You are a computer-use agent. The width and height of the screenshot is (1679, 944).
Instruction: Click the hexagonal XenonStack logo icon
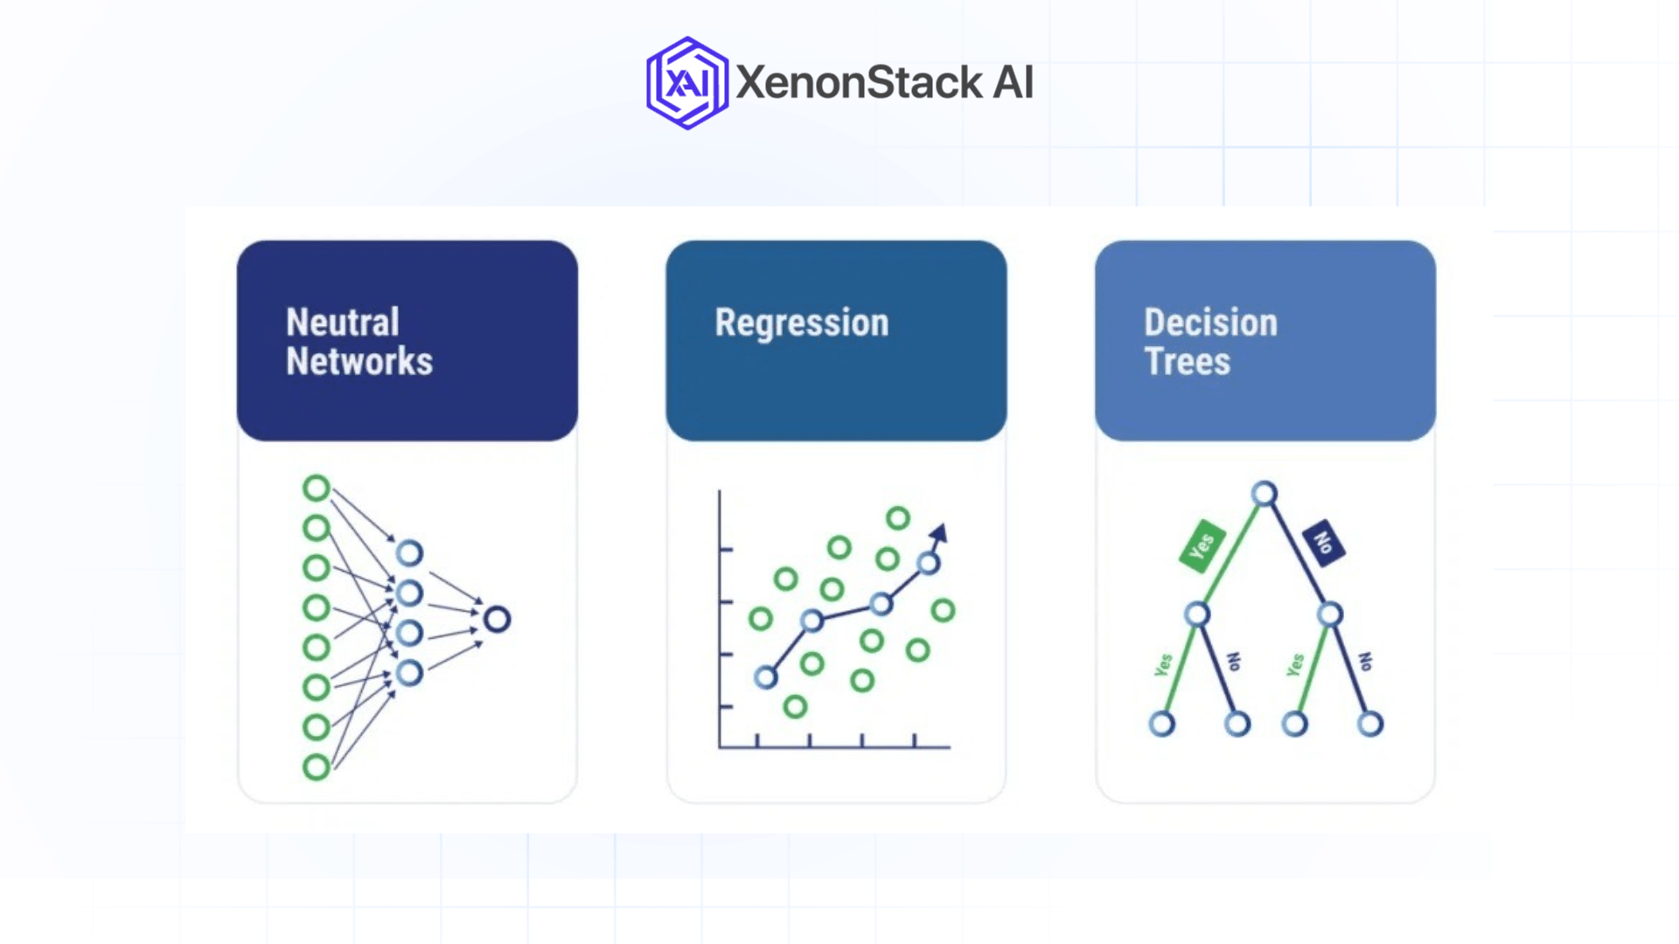pos(686,83)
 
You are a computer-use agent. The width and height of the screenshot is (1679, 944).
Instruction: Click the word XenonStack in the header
pos(859,82)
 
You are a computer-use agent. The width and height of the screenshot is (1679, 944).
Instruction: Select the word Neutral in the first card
pos(342,323)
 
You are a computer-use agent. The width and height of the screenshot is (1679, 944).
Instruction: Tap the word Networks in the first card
pos(359,362)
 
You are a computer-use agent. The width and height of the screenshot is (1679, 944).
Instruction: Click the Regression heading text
pos(801,323)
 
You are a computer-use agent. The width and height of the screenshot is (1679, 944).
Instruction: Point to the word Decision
pos(1210,323)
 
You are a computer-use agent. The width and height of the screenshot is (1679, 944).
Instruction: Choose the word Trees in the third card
pos(1187,362)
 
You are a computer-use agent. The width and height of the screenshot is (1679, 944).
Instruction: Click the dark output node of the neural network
pos(497,620)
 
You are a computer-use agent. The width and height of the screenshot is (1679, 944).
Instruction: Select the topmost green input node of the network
pos(316,488)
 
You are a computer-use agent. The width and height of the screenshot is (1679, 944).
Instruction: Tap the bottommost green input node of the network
pos(316,767)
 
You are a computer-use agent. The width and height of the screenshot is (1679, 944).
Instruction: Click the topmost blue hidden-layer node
pos(409,552)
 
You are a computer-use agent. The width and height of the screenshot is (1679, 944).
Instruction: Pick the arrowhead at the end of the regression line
pos(939,532)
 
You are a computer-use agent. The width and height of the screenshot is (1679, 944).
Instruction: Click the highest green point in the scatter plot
pos(897,518)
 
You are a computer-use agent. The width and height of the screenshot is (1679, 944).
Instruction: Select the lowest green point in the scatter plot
pos(794,706)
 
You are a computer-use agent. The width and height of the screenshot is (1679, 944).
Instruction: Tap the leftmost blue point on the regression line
pos(765,677)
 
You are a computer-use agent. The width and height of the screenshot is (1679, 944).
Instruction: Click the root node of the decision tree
pos(1264,494)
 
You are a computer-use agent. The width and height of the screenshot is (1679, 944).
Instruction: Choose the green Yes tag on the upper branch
pos(1202,546)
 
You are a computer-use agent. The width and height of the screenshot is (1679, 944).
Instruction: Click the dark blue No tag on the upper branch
pos(1323,543)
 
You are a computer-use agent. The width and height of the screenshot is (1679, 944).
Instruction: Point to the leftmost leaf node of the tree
pos(1161,724)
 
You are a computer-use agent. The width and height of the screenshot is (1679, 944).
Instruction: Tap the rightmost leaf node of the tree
pos(1369,724)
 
